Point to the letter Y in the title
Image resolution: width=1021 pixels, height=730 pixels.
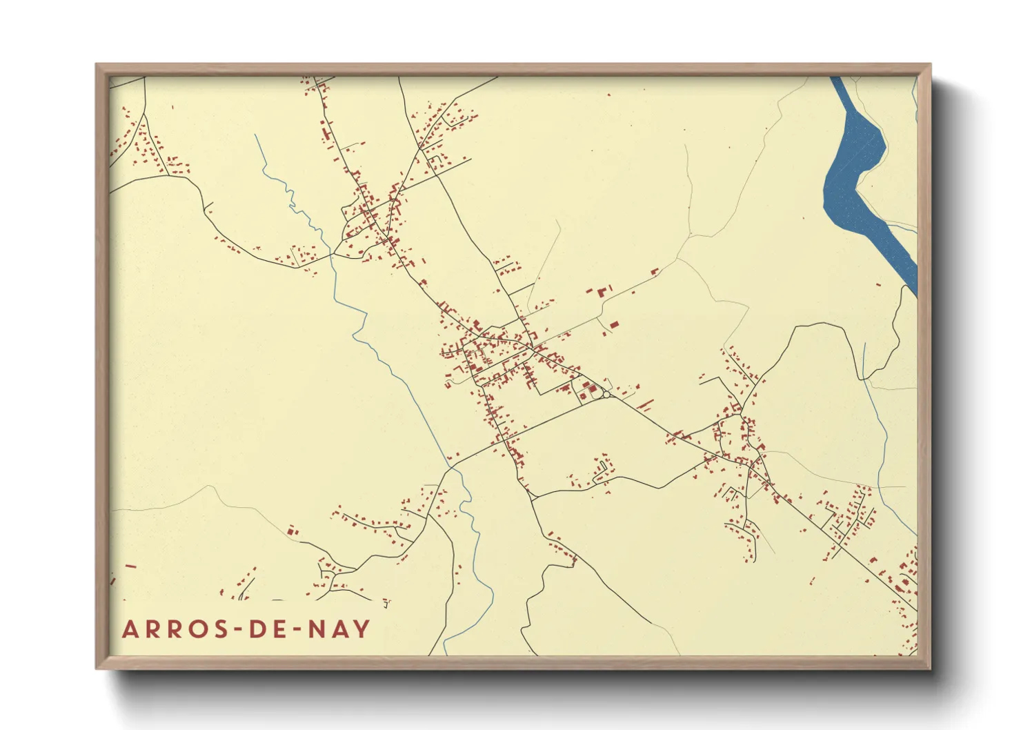(362, 629)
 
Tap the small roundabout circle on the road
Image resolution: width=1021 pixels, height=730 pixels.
(606, 395)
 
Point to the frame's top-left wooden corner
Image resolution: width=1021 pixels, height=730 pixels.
(99, 68)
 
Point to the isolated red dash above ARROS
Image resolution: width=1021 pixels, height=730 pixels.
(130, 566)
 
